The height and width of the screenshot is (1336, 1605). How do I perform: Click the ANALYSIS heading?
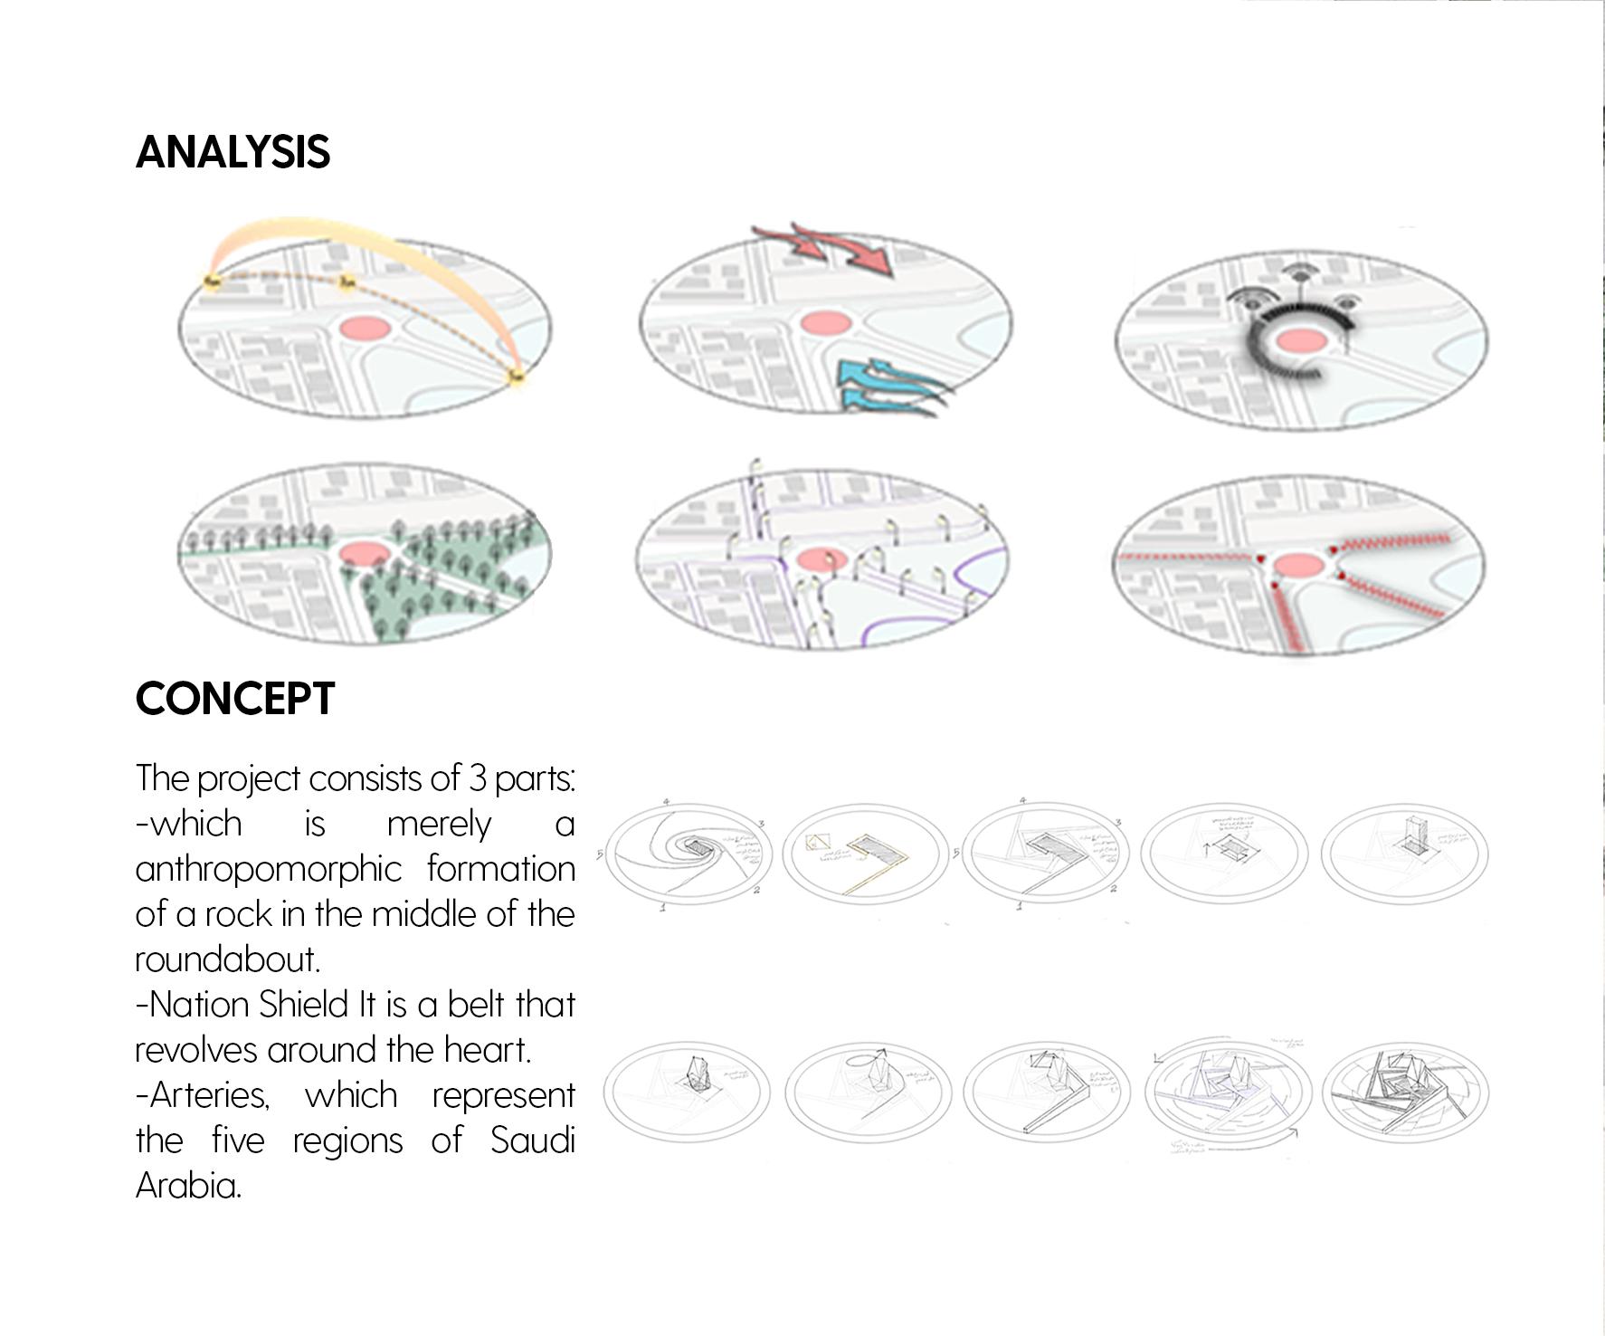233,151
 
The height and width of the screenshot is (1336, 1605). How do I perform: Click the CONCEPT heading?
235,699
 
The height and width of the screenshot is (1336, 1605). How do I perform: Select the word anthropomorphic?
268,869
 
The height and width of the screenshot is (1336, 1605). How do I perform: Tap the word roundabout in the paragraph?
227,959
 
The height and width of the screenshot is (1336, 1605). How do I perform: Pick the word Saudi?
532,1140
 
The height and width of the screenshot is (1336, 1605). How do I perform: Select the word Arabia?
188,1186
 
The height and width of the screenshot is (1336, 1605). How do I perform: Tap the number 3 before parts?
477,778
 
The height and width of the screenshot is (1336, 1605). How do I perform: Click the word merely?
439,824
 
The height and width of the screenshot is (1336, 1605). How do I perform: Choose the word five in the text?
238,1140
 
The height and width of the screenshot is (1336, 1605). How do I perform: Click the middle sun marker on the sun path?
346,283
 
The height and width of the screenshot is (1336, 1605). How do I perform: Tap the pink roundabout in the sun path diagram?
365,329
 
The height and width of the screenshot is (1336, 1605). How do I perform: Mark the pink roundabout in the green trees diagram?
365,553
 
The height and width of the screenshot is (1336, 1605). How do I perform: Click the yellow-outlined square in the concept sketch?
818,843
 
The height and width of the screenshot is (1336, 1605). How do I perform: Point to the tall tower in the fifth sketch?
1412,831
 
